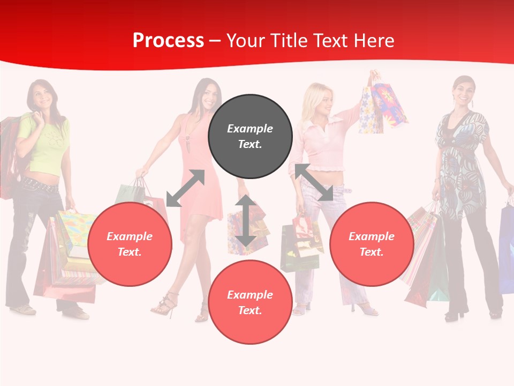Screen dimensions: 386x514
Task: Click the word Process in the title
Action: tap(168, 41)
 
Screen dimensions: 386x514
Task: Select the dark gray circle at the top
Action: tap(250, 137)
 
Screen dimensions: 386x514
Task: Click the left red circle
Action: tap(130, 244)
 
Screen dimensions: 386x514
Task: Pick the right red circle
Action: tap(372, 244)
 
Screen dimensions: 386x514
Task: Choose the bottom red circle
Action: tap(250, 302)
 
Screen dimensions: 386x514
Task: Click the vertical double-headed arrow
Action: tap(245, 221)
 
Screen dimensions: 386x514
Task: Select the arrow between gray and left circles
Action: tap(185, 188)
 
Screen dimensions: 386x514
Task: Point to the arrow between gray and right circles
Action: tap(314, 182)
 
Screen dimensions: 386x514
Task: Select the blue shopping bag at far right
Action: tap(507, 247)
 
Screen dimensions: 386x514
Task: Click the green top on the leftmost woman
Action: tap(46, 145)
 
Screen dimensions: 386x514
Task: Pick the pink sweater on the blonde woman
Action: tap(321, 145)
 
